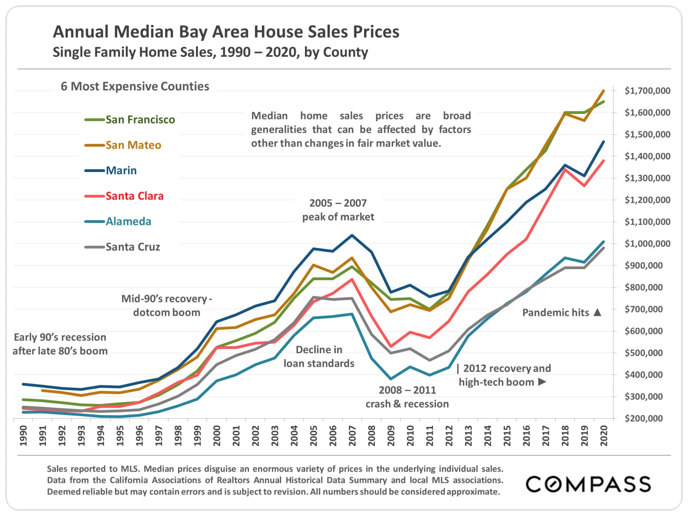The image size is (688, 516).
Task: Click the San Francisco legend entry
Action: coord(140,120)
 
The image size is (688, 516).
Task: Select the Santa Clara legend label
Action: coord(134,196)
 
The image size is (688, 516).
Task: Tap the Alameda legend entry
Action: coord(128,221)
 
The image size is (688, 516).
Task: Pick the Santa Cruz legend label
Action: coord(133,247)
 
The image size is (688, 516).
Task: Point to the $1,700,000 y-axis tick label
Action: coord(647,91)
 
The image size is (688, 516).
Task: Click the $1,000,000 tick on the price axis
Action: coord(647,244)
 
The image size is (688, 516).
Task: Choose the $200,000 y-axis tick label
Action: coord(644,418)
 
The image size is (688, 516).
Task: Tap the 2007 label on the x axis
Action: coord(352,435)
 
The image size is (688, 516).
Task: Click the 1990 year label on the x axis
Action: coord(23,435)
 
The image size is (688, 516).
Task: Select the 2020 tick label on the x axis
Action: coord(604,435)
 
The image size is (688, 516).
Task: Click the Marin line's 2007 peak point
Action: coord(352,235)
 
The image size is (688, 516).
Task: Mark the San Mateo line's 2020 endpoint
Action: coord(604,91)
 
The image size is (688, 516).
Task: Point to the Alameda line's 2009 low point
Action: coord(391,379)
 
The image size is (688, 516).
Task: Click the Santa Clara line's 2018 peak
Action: coord(565,169)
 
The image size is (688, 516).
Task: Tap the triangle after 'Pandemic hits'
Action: coord(597,312)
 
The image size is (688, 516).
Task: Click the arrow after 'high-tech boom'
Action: coord(542,382)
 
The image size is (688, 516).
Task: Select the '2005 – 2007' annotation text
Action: coord(338,203)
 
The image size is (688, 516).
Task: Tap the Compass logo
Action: coord(588,484)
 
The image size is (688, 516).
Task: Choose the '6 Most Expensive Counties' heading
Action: coord(135,86)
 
